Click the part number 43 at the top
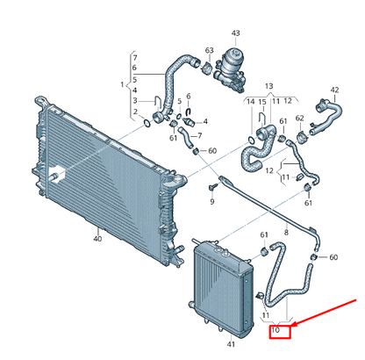(235, 33)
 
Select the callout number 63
(210, 51)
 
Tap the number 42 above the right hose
(334, 90)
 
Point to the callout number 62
(300, 119)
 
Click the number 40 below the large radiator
(97, 239)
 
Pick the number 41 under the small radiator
(231, 344)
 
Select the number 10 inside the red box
(276, 330)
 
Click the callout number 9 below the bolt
(212, 201)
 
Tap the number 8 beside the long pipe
(286, 233)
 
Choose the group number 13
(268, 86)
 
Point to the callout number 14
(251, 102)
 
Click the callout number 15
(262, 102)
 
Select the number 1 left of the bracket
(122, 85)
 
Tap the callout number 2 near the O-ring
(135, 112)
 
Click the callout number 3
(135, 101)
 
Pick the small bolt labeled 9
(214, 186)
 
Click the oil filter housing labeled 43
(229, 70)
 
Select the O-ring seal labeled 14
(251, 140)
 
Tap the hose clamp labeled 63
(207, 68)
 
